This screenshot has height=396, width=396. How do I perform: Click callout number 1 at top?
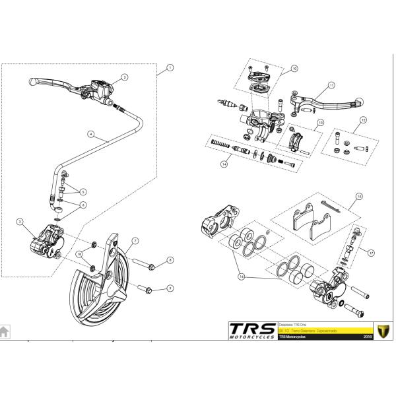[170, 67]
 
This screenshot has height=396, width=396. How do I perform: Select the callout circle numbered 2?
[123, 77]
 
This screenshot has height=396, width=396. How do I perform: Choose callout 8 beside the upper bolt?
[170, 260]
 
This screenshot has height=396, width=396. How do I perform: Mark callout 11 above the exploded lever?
[332, 85]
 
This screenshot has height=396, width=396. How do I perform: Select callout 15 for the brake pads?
[359, 196]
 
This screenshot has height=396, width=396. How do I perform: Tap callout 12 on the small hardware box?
[362, 120]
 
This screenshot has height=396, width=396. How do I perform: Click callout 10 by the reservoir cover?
[295, 68]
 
